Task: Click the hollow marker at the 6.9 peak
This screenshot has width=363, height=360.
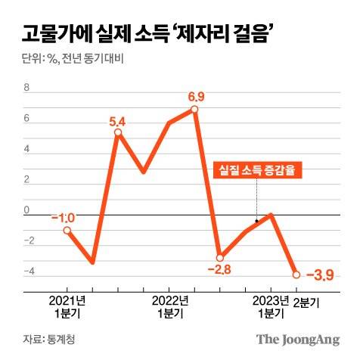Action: pyautogui.click(x=195, y=110)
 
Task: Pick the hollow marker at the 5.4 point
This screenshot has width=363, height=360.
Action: pyautogui.click(x=118, y=132)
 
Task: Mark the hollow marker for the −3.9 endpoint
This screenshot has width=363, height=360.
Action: pyautogui.click(x=296, y=275)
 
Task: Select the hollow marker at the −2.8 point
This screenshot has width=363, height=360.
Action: pyautogui.click(x=220, y=258)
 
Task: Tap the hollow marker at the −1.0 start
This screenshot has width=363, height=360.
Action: pyautogui.click(x=67, y=230)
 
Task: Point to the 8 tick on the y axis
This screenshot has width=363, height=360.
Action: pyautogui.click(x=28, y=88)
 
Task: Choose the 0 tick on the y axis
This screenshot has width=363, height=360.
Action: pyautogui.click(x=28, y=209)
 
